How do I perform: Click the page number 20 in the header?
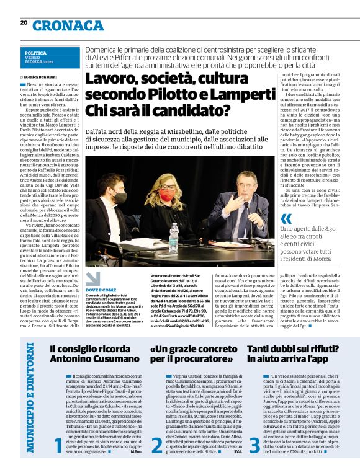coord(24,22)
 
